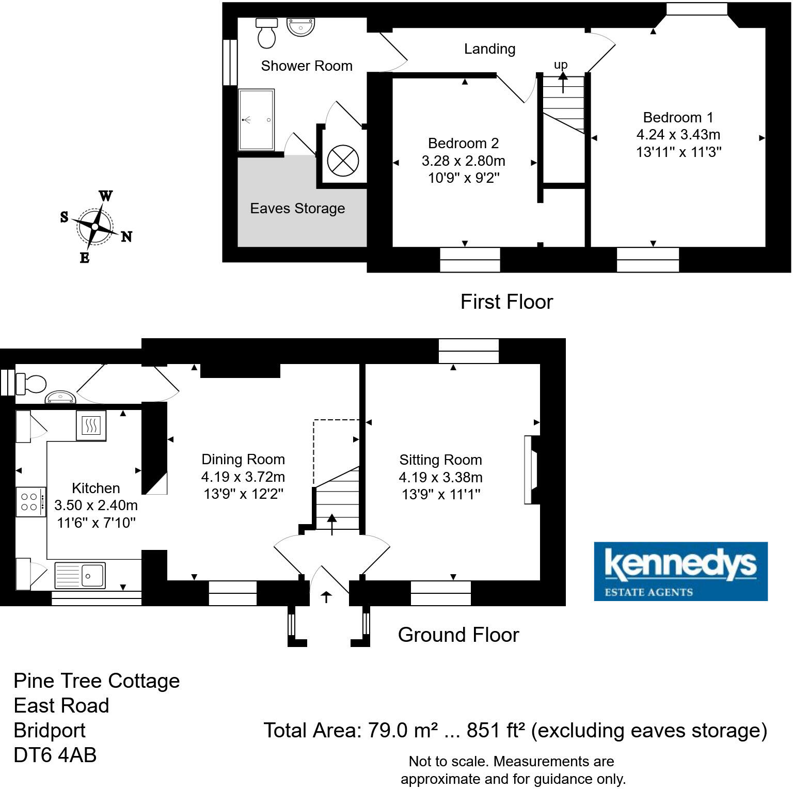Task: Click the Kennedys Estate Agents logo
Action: tap(680, 571)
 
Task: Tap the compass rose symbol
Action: tap(96, 226)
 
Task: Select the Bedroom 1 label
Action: tap(678, 117)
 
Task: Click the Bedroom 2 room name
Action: tap(463, 143)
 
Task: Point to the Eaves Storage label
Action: tap(297, 209)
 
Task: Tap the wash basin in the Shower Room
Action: tap(300, 27)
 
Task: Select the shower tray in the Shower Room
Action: tap(256, 120)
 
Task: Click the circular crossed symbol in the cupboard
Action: tap(343, 161)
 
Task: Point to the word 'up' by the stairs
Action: tap(560, 65)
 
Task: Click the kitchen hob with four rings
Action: tap(30, 502)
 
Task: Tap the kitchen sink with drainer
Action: tap(80, 575)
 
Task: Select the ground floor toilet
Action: tap(32, 384)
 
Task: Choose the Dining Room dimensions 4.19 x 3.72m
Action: tap(243, 477)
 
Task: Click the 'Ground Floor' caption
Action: tap(458, 635)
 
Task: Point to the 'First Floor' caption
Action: tap(506, 302)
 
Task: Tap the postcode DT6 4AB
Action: tap(55, 755)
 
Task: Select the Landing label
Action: tap(489, 49)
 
